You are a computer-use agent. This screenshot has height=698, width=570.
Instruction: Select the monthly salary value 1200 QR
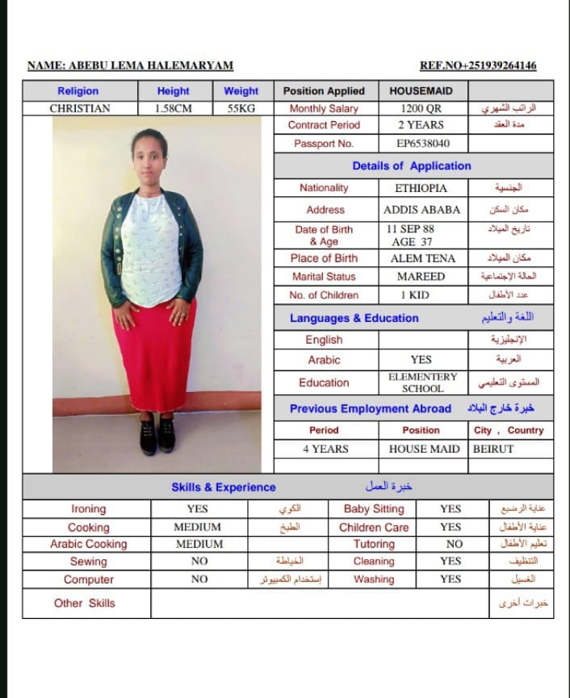pos(421,108)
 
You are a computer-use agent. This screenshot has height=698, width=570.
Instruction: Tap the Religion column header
pos(78,91)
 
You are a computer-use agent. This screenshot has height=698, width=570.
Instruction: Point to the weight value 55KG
pos(241,108)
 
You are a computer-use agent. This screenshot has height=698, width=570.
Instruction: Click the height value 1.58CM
pos(174,108)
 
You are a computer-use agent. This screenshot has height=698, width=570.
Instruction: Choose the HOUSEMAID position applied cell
pos(421,91)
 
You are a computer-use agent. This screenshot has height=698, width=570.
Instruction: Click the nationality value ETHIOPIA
pos(421,188)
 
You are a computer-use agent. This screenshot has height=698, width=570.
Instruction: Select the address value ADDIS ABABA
pos(421,209)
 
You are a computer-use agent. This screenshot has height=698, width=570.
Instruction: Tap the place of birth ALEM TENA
pos(422,258)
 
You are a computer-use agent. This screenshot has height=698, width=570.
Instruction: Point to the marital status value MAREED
pos(421,276)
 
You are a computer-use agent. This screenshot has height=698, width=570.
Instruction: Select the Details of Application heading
pos(411,166)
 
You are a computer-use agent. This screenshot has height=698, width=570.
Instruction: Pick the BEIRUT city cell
pos(493,449)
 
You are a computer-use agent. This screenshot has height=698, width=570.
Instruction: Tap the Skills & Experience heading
pos(224,487)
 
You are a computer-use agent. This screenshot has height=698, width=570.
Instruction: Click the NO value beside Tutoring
pos(454,544)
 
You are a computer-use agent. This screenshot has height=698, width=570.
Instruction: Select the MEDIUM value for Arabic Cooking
pos(199,544)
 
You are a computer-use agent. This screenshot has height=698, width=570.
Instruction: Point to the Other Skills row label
pos(85,603)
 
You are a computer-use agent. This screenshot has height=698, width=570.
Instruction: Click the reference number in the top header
pos(478,66)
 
